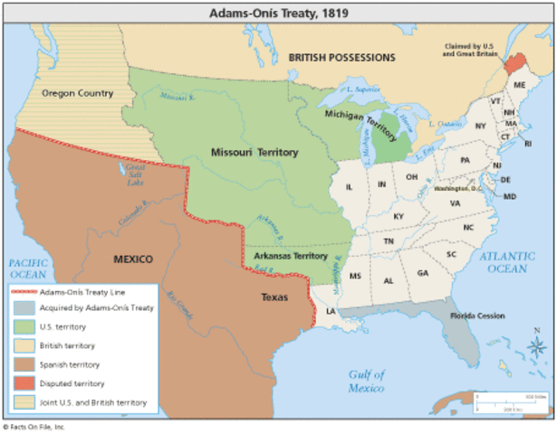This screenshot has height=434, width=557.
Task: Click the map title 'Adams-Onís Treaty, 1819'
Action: coord(277,14)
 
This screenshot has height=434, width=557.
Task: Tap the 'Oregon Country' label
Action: coord(77,93)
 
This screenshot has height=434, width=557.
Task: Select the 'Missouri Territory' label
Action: coord(253,153)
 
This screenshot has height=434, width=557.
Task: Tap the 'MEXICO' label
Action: coord(132,259)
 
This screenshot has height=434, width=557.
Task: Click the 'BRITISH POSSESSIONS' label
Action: coord(341,57)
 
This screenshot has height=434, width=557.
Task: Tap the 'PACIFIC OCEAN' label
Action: coord(27,268)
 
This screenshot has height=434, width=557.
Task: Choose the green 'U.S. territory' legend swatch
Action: coord(24,326)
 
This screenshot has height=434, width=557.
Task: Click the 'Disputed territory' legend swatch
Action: coord(24,383)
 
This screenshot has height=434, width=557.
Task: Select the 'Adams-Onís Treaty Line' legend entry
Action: coord(82,292)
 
